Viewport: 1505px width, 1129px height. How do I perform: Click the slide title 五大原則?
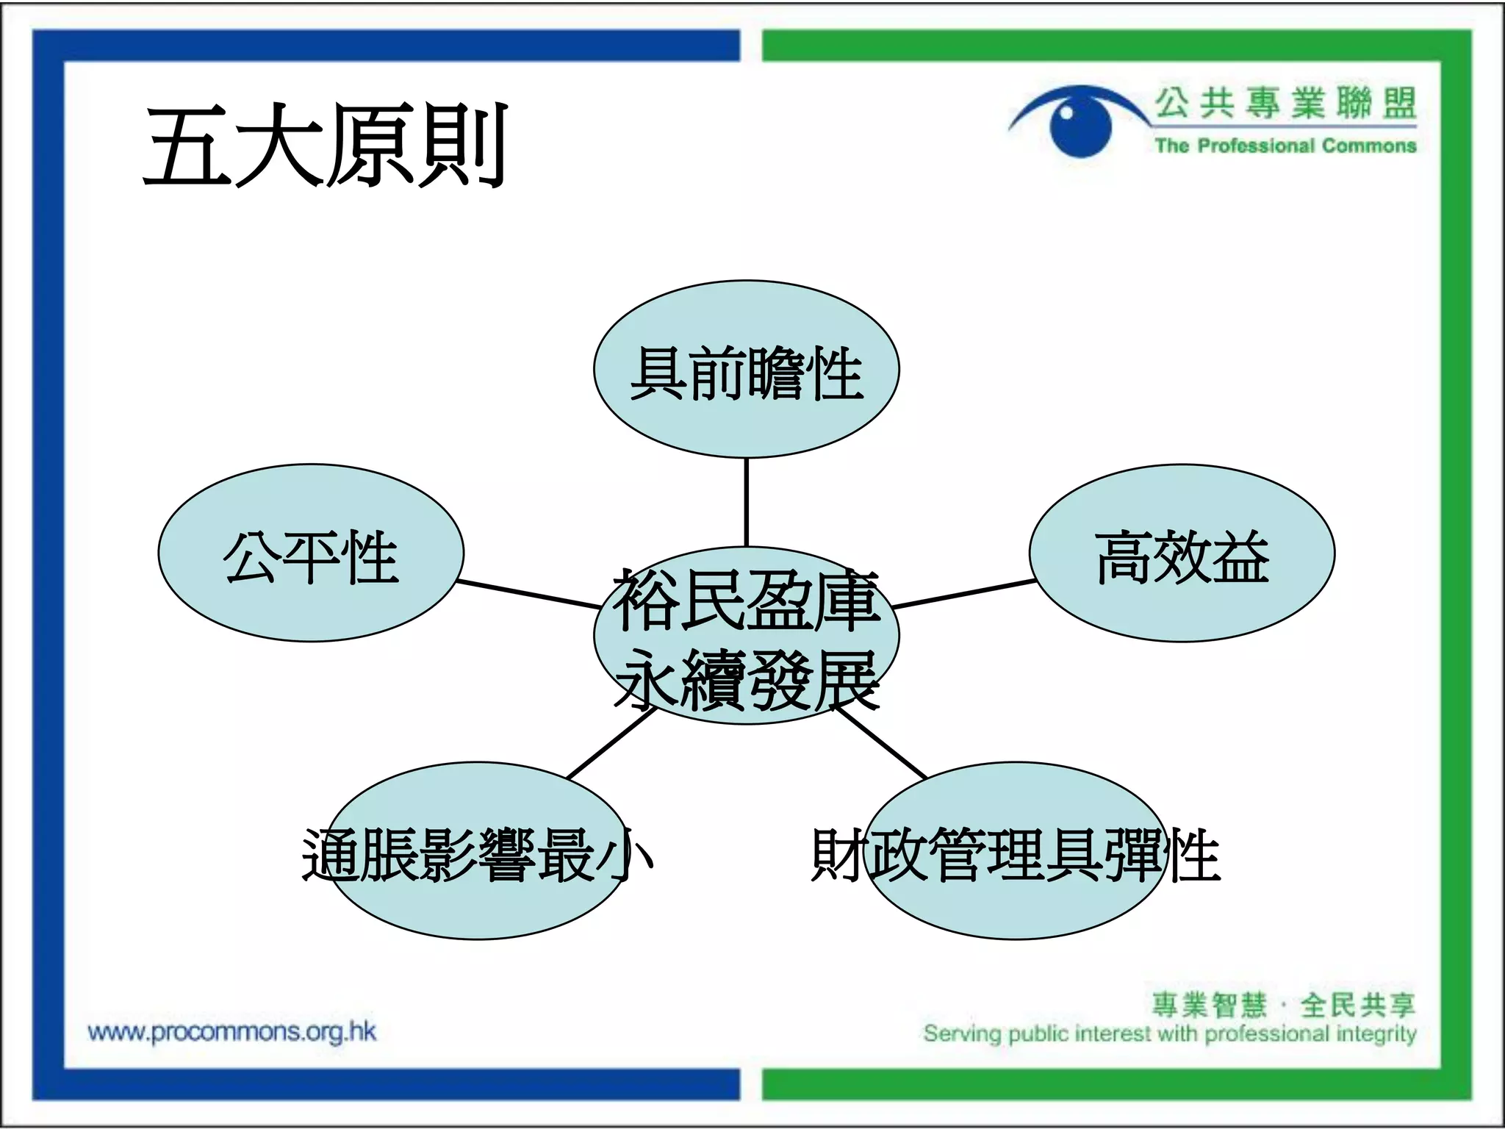coord(326,145)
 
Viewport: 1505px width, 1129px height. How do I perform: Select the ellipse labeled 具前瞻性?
coord(746,370)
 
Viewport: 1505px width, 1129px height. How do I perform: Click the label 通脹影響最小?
coord(478,855)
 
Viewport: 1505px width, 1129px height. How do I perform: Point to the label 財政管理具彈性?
coord(1016,855)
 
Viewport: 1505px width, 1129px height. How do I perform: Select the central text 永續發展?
coord(746,680)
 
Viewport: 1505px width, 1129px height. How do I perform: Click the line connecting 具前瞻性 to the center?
coord(746,502)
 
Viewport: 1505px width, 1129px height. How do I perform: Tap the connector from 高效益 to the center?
coord(964,594)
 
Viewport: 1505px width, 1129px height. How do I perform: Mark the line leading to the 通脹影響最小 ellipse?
coord(611,742)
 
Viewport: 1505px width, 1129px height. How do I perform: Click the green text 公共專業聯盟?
coord(1285,103)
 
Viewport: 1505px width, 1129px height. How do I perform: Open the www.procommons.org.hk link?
coord(231,1032)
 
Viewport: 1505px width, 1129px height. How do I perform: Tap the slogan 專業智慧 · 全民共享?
coord(1282,1005)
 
